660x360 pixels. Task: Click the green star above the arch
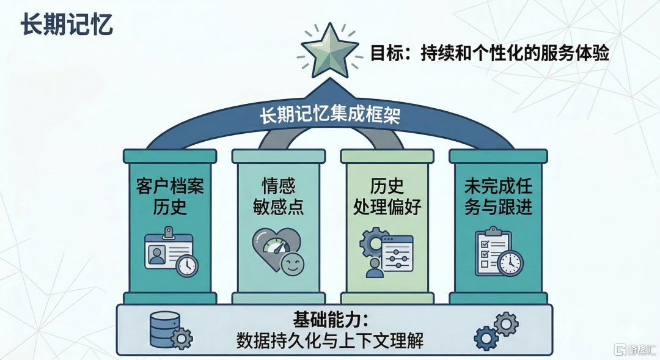330,51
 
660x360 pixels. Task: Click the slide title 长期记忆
67,24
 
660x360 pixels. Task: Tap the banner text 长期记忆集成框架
330,114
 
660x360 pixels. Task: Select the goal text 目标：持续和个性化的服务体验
490,53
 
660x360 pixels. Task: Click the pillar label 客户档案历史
170,197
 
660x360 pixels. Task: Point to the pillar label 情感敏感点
278,197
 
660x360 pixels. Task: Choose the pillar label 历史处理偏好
387,197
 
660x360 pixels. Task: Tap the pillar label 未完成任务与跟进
499,197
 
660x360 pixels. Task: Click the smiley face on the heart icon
292,264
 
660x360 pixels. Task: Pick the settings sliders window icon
397,254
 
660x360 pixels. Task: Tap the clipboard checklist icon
499,252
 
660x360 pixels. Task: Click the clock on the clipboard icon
510,263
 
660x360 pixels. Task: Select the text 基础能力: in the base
330,321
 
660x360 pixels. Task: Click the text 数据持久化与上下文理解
330,340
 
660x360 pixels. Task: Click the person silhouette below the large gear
375,268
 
